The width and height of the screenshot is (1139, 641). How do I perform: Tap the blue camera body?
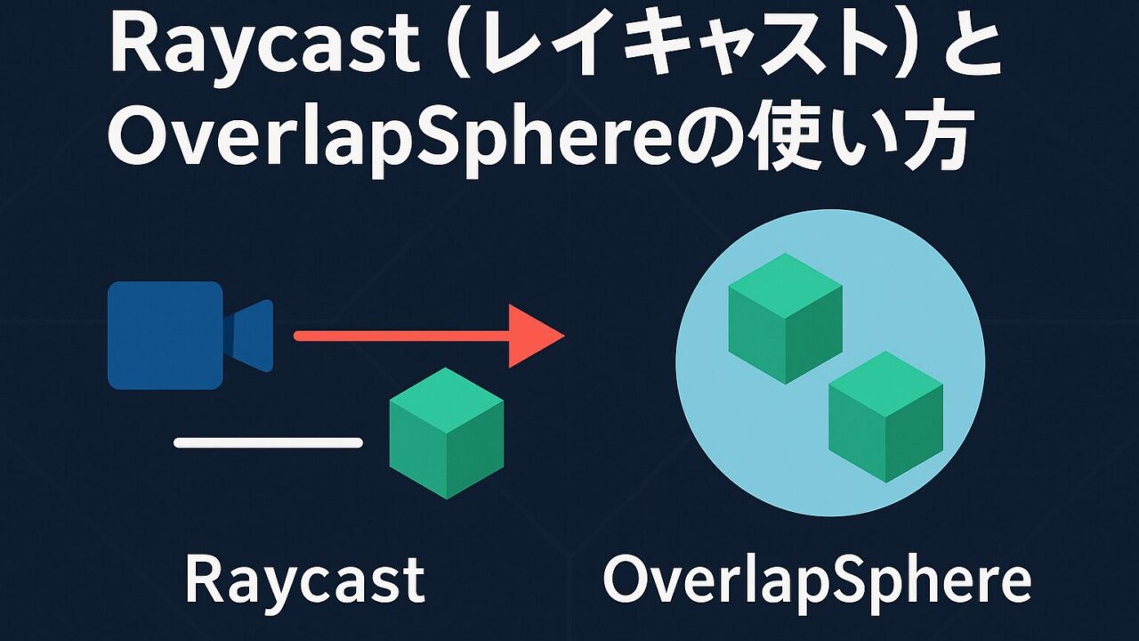tap(166, 336)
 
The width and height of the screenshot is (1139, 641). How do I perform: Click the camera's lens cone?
tap(249, 336)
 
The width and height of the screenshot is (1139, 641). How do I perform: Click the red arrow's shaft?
tap(401, 336)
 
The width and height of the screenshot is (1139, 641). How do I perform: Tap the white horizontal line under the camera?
tap(268, 442)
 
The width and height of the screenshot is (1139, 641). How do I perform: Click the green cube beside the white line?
tap(447, 433)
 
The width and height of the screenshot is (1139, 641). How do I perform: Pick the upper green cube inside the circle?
tap(786, 319)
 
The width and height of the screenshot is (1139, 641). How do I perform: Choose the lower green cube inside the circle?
tap(885, 417)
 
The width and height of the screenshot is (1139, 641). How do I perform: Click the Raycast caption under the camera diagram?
tap(304, 580)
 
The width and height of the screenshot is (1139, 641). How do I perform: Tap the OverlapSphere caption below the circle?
tap(817, 580)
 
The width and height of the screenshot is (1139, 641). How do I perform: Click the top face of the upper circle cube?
tap(786, 286)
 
